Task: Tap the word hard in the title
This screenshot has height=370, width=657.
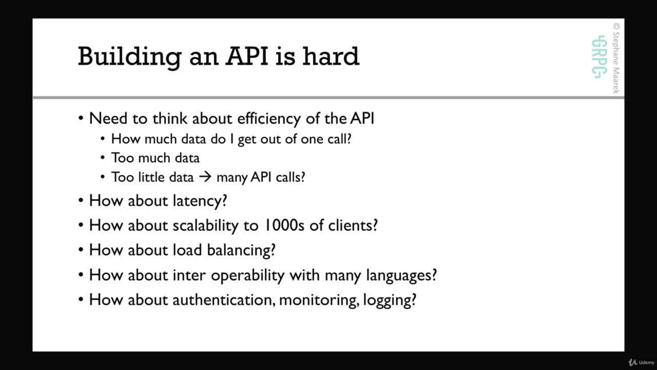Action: pyautogui.click(x=331, y=56)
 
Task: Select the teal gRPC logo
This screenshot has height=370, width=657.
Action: pyautogui.click(x=598, y=57)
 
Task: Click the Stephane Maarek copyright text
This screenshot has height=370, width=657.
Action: pyautogui.click(x=616, y=59)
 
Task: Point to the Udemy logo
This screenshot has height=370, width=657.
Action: pyautogui.click(x=641, y=362)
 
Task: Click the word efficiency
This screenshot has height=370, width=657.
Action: pyautogui.click(x=269, y=119)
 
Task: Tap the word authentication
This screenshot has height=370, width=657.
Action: pyautogui.click(x=224, y=300)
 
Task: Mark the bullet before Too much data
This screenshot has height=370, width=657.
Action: pyautogui.click(x=102, y=158)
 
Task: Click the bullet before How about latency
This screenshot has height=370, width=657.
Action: pyautogui.click(x=81, y=201)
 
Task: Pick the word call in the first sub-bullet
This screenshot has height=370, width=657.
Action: pyautogui.click(x=339, y=139)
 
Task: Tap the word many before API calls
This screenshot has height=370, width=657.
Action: pyautogui.click(x=233, y=178)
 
